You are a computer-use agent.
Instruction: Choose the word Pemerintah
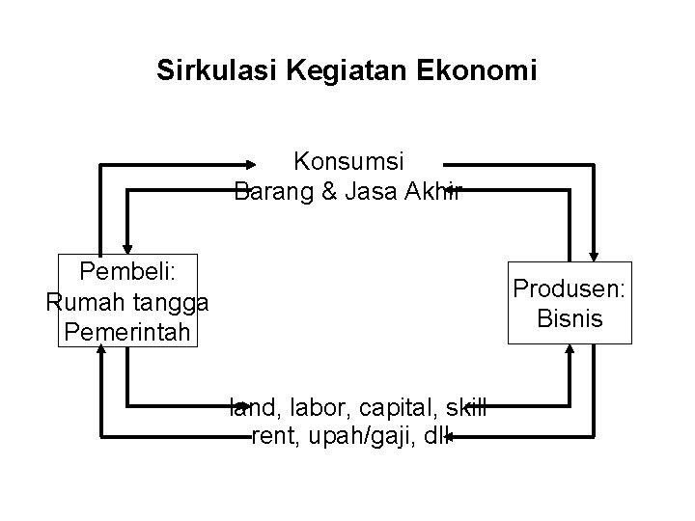pyautogui.click(x=126, y=334)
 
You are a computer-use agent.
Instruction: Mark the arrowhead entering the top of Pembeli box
pyautogui.click(x=128, y=248)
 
